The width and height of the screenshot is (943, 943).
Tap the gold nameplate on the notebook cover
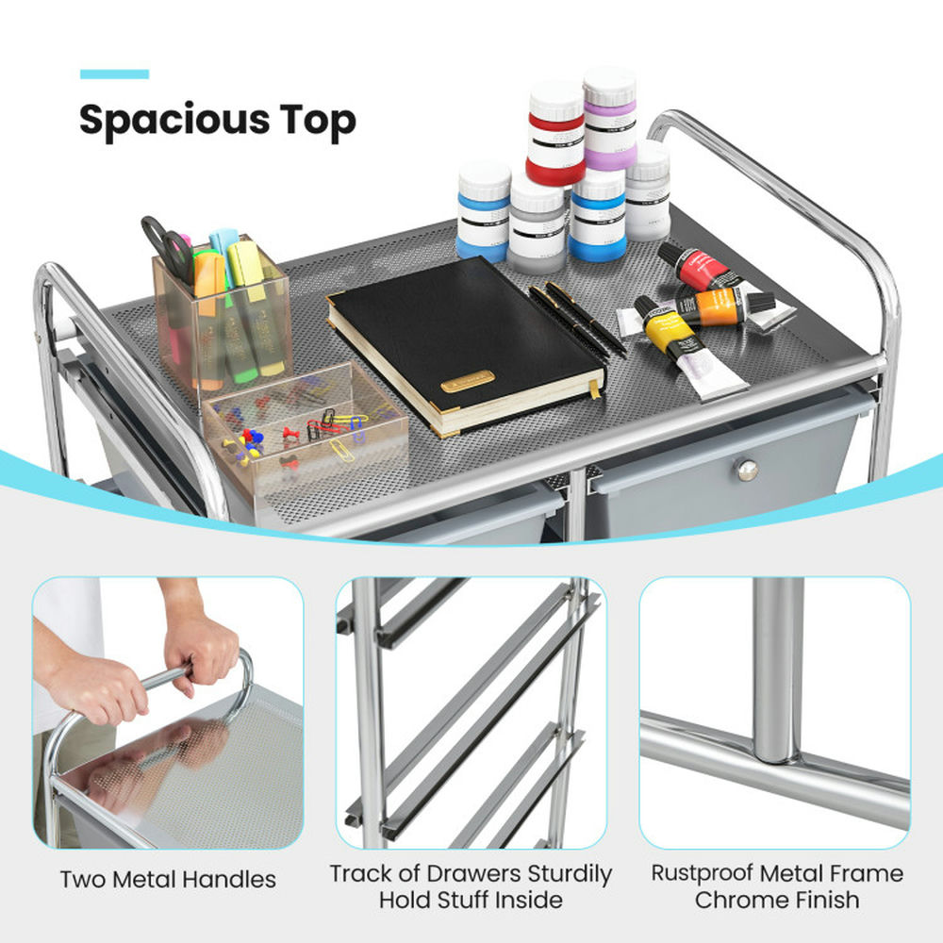(468, 381)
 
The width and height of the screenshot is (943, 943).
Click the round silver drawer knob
(747, 470)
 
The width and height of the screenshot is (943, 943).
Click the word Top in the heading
(318, 121)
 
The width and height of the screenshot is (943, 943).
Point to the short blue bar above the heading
(114, 74)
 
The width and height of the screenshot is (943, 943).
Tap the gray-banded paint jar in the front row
(538, 223)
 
